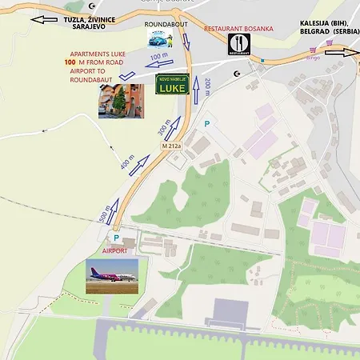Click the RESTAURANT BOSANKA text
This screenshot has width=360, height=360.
click(x=238, y=29)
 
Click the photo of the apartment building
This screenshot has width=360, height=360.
click(x=121, y=101)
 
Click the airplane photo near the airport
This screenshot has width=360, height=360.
click(x=112, y=276)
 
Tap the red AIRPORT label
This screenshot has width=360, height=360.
click(x=115, y=250)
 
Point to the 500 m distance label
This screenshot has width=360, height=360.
click(x=102, y=215)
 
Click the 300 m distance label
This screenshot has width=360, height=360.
click(x=164, y=126)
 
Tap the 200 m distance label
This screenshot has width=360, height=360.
click(x=206, y=87)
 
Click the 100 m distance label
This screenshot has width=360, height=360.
click(x=159, y=57)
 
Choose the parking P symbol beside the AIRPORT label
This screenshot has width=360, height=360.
click(x=115, y=238)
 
